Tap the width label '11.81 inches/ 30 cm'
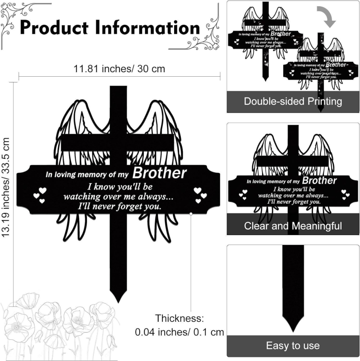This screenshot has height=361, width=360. click(x=119, y=69)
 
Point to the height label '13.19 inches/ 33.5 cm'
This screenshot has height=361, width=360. click(x=6, y=188)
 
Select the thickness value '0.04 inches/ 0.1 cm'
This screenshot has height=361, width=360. click(x=180, y=332)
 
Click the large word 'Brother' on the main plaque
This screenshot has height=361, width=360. click(x=160, y=173)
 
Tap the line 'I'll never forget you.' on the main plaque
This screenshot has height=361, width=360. click(x=119, y=207)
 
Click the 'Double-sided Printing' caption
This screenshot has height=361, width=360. click(x=293, y=101)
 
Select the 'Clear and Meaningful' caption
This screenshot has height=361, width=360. click(x=293, y=225)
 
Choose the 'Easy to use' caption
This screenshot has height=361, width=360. click(x=293, y=346)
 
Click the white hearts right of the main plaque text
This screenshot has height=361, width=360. click(x=199, y=194)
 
